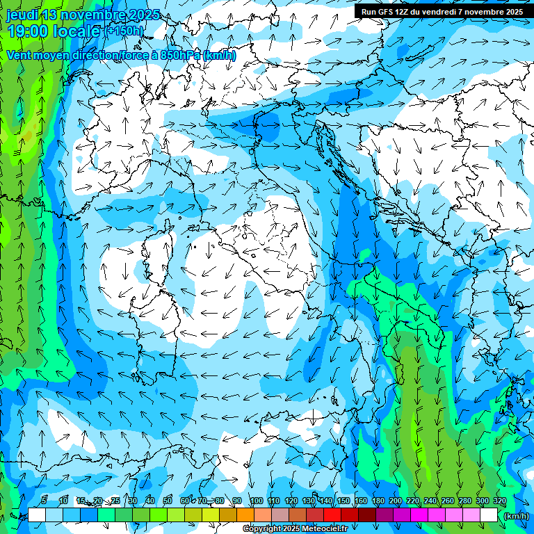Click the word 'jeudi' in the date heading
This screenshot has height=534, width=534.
click(x=22, y=15)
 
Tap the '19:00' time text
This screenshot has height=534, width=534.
click(x=31, y=31)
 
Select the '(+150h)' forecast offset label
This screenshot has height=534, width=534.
click(x=126, y=31)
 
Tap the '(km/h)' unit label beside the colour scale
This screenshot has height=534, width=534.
click(x=516, y=516)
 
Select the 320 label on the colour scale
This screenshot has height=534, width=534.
click(x=499, y=501)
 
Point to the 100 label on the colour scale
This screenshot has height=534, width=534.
click(x=256, y=501)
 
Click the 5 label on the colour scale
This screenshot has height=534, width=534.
click(x=44, y=501)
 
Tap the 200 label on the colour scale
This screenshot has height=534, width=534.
click(x=396, y=501)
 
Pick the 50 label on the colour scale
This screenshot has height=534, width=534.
click(x=168, y=501)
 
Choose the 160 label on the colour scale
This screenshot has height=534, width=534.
click(x=360, y=501)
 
